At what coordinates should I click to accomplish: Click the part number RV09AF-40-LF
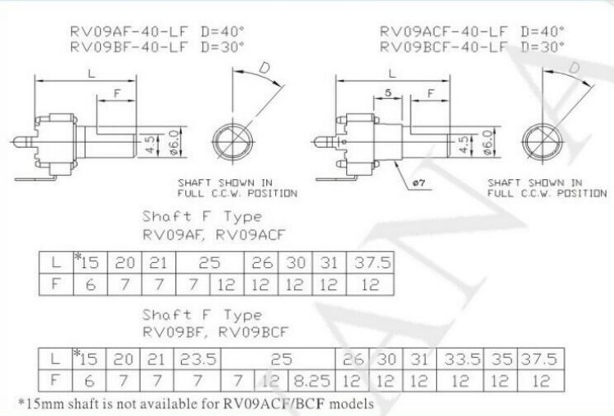click(x=129, y=31)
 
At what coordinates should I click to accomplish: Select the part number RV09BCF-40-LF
click(x=444, y=47)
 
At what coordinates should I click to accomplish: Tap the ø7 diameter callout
click(x=418, y=182)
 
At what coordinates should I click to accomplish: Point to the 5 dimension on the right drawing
click(x=388, y=93)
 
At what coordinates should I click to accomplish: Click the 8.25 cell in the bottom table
click(x=312, y=380)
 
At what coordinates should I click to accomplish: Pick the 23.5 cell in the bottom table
click(x=198, y=359)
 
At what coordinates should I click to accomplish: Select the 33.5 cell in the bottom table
click(x=462, y=359)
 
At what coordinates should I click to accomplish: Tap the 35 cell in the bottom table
click(x=501, y=359)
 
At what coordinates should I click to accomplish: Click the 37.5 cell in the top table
click(x=371, y=262)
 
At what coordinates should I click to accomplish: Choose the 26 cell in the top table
click(x=261, y=262)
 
